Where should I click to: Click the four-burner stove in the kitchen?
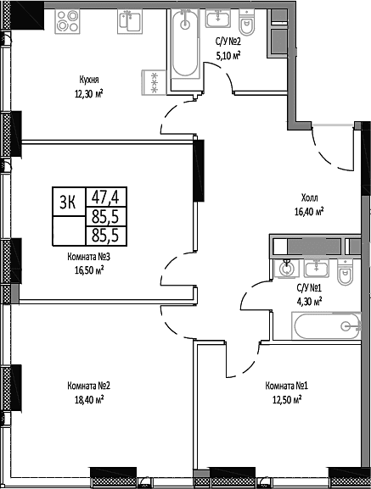coord(67,21)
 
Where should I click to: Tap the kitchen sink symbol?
coord(130,21)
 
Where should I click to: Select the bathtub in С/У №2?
coord(185,44)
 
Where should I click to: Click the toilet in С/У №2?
coord(247,22)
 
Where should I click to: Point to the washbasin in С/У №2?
coord(218,18)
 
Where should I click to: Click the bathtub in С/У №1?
coord(327,326)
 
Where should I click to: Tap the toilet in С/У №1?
coord(345,272)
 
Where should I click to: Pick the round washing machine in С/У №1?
coord(286,269)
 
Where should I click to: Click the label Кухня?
coord(89,81)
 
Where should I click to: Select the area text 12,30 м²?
coord(88,93)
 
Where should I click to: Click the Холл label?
coord(310,197)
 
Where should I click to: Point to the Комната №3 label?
coord(88,257)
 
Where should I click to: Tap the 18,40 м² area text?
coord(89,399)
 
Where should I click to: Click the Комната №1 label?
coord(287,386)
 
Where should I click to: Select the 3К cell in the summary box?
coord(69,202)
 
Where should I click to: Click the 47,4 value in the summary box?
coord(105,197)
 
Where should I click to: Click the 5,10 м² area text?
coord(228,56)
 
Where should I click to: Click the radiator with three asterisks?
coord(155,82)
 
